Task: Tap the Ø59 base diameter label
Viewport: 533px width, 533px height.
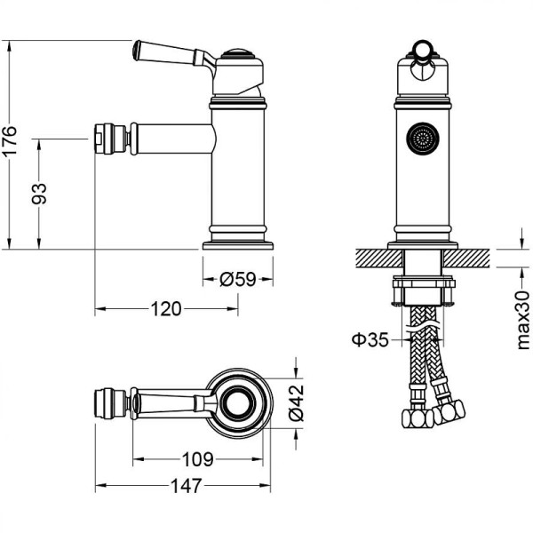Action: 237,279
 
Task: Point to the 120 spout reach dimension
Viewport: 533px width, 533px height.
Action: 165,308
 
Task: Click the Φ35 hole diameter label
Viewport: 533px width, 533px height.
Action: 368,338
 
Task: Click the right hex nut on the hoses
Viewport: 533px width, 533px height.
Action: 451,410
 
